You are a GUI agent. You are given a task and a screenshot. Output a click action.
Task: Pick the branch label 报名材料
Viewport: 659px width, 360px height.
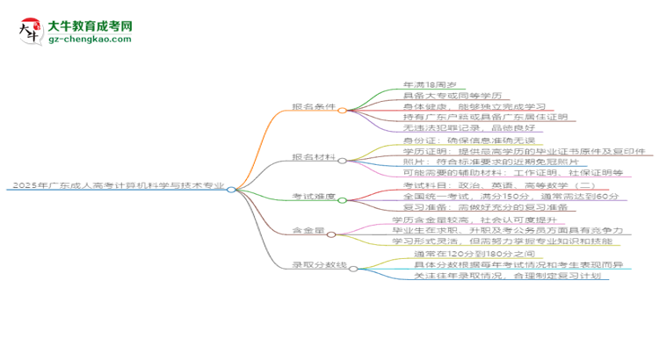coord(313,160)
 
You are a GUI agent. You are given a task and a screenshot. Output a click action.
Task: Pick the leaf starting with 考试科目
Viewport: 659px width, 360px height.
coord(474,185)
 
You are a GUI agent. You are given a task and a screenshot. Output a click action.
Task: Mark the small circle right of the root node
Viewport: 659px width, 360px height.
coord(230,189)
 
